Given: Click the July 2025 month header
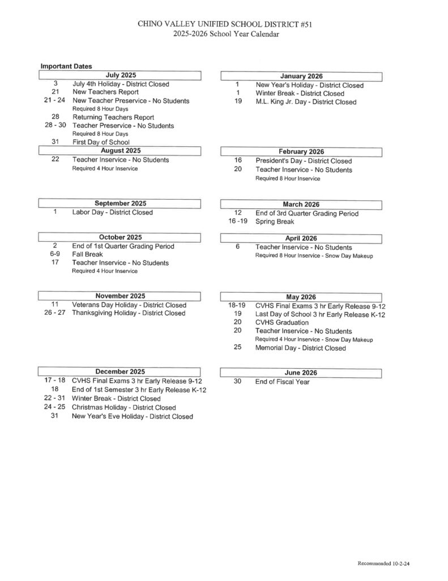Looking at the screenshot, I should [x=121, y=75].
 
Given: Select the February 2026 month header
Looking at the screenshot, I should [x=301, y=151].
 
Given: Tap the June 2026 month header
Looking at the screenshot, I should [x=301, y=372].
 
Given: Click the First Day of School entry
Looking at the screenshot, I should [x=101, y=142].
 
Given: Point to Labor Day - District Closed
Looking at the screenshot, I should [x=112, y=212].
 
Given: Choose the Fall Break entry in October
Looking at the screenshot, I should [x=87, y=255].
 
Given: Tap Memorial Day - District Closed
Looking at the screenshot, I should [x=300, y=348].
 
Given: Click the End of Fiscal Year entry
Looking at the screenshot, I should [x=283, y=382].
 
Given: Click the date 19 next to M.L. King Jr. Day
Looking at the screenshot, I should [x=238, y=102].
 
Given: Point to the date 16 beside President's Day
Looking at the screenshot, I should [x=238, y=161].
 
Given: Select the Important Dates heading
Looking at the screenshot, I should [x=66, y=66].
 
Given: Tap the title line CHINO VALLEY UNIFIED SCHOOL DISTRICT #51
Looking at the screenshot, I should [x=225, y=24].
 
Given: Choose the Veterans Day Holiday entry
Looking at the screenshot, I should [x=129, y=305].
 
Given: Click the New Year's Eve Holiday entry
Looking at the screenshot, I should [x=132, y=416].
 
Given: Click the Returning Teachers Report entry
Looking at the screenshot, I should [x=113, y=117].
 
